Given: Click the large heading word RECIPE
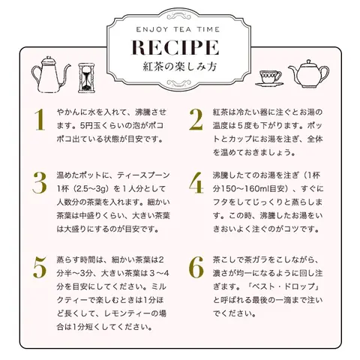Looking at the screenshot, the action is [x=175, y=47].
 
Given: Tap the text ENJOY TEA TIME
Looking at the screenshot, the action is [x=178, y=29].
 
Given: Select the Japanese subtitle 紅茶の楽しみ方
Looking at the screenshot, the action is [x=180, y=67].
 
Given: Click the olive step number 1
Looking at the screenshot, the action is [x=40, y=120].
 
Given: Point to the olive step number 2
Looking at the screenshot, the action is [x=196, y=120].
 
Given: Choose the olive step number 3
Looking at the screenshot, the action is [x=40, y=183].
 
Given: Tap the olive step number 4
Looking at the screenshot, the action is [x=196, y=183].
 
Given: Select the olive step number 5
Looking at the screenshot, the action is [x=40, y=268].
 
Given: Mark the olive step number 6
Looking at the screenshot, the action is [x=196, y=268].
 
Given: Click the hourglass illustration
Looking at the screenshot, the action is [x=87, y=78].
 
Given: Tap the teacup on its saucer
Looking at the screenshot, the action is [x=269, y=79].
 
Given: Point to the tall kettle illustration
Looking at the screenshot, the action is [x=50, y=74].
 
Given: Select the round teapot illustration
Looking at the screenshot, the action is [x=308, y=73].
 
